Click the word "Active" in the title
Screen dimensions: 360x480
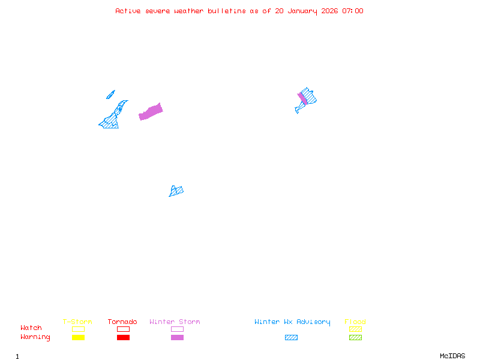[128, 11]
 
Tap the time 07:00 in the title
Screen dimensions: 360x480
[352, 11]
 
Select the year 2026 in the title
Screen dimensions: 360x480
[329, 11]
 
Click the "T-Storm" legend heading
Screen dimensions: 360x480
[77, 322]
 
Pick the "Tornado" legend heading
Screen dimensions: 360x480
[122, 322]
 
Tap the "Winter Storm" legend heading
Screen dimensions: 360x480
[175, 322]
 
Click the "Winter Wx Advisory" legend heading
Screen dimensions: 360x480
[292, 322]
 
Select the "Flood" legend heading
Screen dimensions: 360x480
[355, 322]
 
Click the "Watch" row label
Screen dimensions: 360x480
[31, 328]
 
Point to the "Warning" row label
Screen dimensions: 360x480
[35, 337]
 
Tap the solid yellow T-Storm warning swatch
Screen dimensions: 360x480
[78, 338]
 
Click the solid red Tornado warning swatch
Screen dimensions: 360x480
[123, 338]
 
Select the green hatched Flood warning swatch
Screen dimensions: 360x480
[355, 338]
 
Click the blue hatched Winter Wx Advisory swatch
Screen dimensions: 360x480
[291, 338]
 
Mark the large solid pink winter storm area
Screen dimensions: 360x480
[151, 112]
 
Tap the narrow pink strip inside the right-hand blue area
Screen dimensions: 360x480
[302, 98]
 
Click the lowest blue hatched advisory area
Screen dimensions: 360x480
[176, 191]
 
